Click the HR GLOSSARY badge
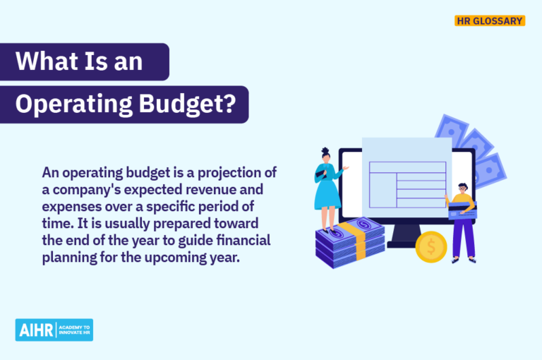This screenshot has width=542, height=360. click(x=489, y=21)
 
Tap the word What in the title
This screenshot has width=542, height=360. click(x=43, y=61)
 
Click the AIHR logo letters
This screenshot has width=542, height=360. click(x=34, y=330)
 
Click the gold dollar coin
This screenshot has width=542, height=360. click(x=431, y=247)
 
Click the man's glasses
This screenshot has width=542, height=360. click(x=462, y=189)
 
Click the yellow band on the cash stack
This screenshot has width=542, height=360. click(x=361, y=237)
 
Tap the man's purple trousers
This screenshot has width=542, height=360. click(x=464, y=236)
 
